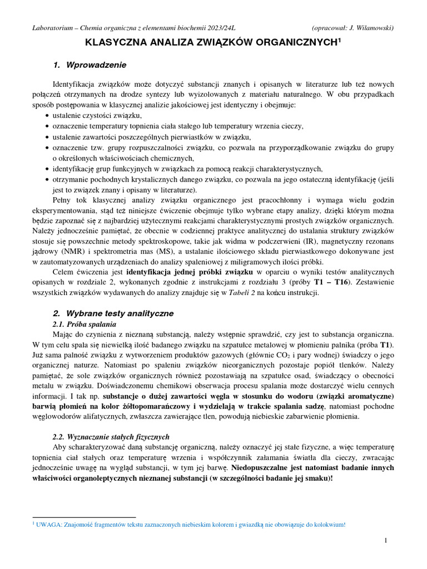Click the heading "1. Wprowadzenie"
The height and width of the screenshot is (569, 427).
pyautogui.click(x=90, y=65)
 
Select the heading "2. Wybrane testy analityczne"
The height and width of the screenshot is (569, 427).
pyautogui.click(x=113, y=313)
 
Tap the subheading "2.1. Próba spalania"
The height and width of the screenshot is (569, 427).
pyautogui.click(x=84, y=324)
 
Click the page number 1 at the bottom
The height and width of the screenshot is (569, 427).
pyautogui.click(x=386, y=540)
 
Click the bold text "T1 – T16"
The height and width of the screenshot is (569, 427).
pyautogui.click(x=331, y=282)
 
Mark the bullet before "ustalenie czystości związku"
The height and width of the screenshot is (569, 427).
pyautogui.click(x=47, y=116)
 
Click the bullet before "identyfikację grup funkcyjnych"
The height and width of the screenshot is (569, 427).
pyautogui.click(x=47, y=169)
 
